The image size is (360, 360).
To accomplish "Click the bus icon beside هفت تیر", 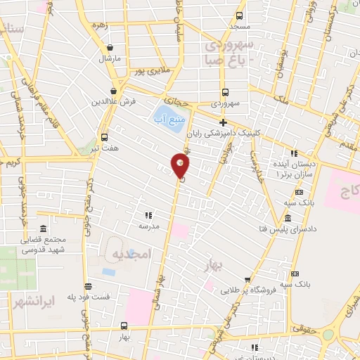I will [105, 137].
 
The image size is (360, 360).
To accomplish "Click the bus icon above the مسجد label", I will [240, 15].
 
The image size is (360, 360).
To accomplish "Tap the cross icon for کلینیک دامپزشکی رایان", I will [223, 123].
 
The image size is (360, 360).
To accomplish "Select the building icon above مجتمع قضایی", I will [44, 229].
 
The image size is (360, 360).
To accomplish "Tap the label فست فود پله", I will [89, 297].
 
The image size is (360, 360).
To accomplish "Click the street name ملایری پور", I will [153, 71].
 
